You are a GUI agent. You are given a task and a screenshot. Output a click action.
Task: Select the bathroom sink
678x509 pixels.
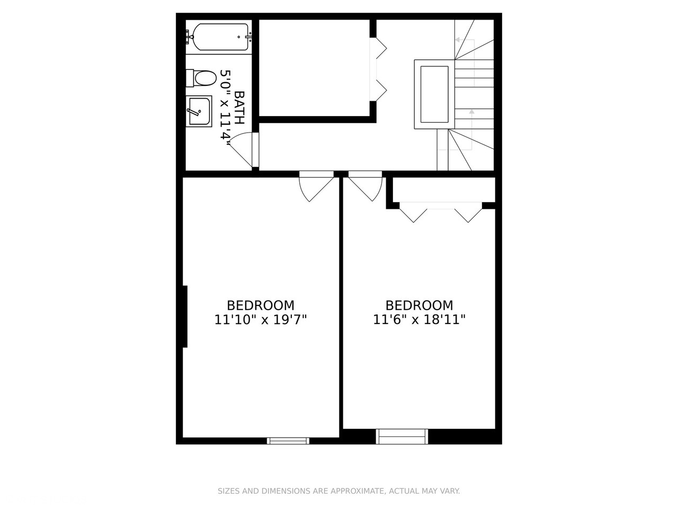coord(199,110)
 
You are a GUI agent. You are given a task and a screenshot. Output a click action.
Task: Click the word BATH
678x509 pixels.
coord(239,108)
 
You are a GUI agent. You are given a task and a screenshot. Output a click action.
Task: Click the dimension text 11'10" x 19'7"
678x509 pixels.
coord(261,320)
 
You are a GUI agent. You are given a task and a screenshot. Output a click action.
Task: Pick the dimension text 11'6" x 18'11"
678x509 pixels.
coord(419,320)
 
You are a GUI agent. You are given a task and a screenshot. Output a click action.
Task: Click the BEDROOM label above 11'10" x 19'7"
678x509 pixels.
coord(261,305)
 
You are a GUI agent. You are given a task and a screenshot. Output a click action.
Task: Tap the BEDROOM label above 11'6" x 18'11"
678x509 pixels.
coord(419,305)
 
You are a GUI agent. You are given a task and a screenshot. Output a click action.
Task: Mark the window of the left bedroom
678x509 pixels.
coord(288,440)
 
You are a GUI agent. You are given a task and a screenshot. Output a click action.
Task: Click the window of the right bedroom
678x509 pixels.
coord(401,436)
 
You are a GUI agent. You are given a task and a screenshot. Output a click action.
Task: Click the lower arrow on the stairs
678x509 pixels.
coord(471,112)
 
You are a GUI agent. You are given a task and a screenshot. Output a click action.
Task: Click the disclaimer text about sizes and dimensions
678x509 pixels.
coord(339,491)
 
